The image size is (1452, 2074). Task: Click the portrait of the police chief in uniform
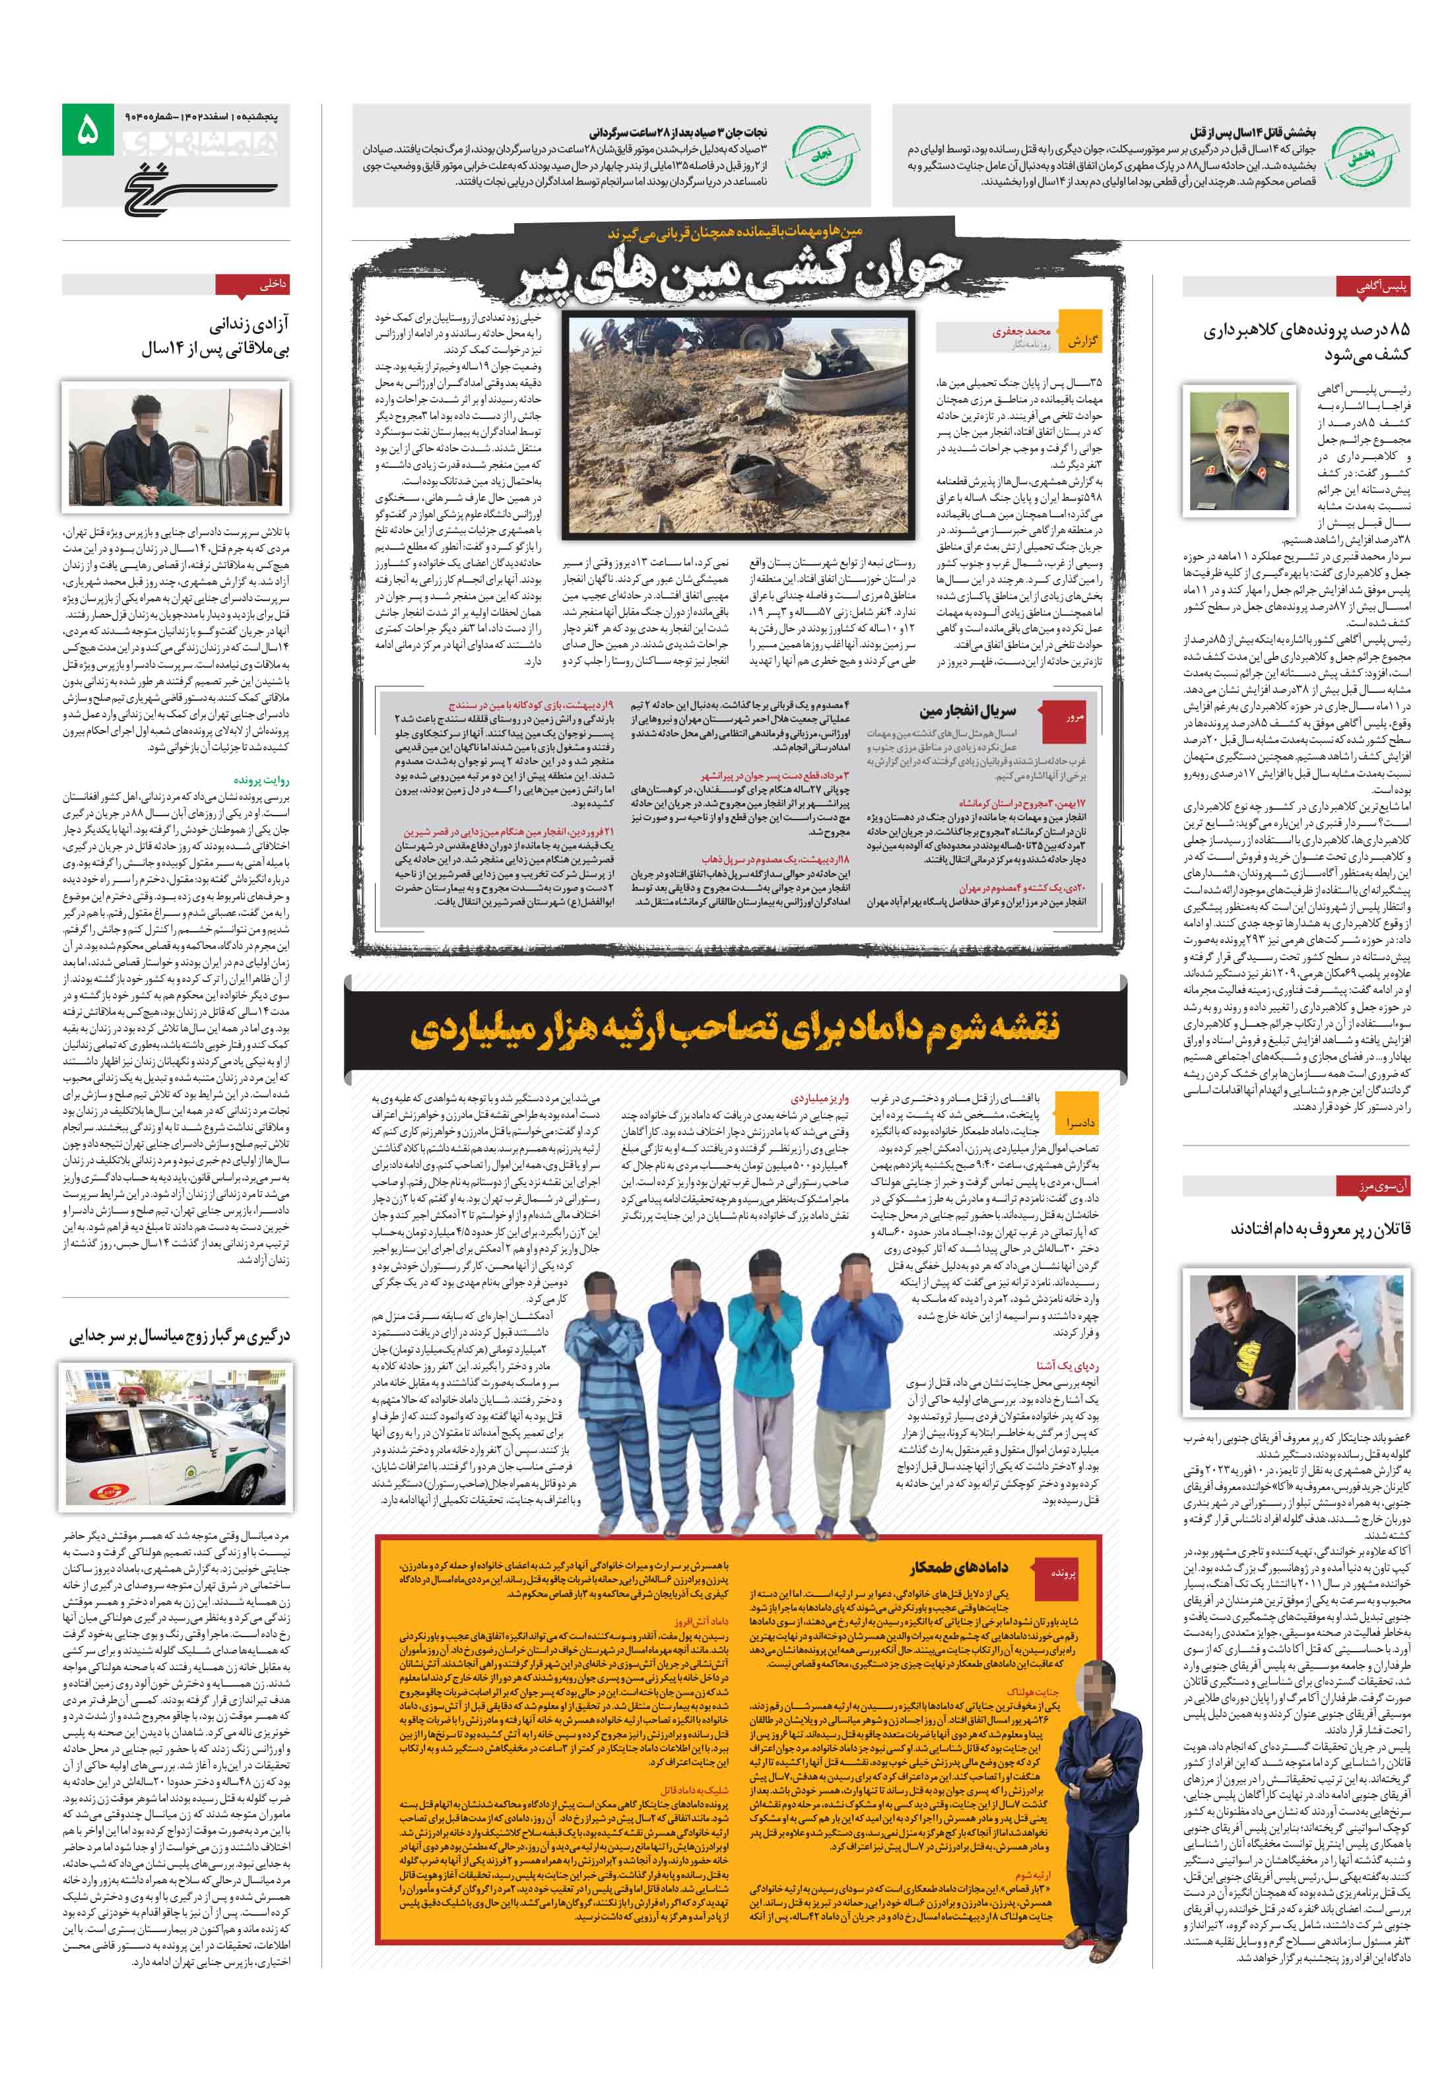[x=1237, y=450]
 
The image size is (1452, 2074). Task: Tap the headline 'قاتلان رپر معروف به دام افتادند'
[x=1319, y=1229]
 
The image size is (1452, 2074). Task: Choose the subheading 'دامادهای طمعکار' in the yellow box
[x=957, y=1568]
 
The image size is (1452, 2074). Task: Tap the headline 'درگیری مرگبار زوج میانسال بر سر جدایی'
[x=180, y=1337]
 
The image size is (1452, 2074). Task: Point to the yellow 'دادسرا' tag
[x=1080, y=1123]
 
